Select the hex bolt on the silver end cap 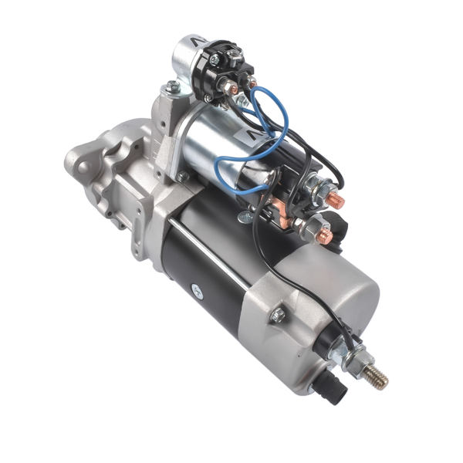pyautogui.click(x=278, y=315)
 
